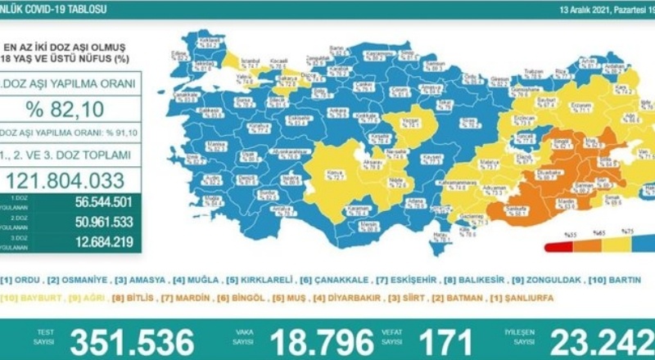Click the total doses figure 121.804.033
pyautogui.click(x=71, y=179)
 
